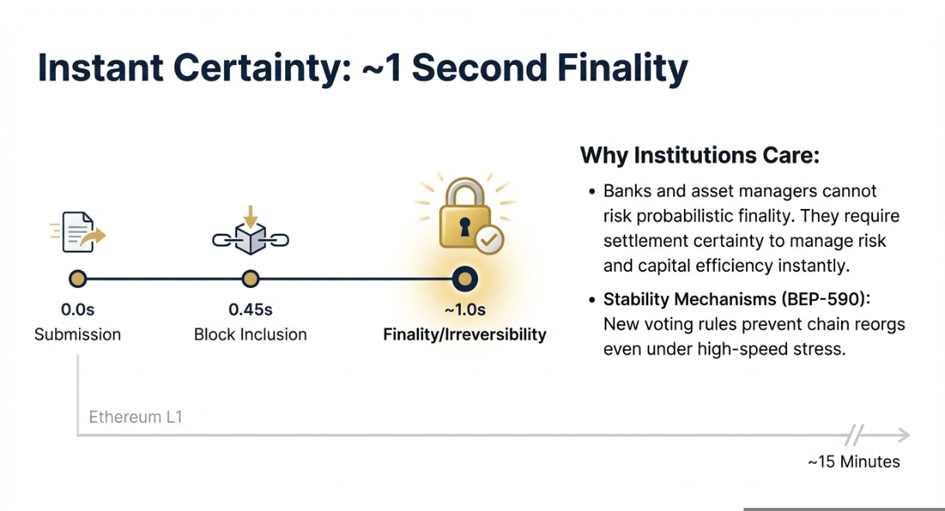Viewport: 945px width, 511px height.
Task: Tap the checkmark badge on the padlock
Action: pyautogui.click(x=490, y=240)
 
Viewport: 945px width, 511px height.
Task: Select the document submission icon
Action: pyautogui.click(x=78, y=232)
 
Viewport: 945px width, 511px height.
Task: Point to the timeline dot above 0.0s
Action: pyautogui.click(x=77, y=279)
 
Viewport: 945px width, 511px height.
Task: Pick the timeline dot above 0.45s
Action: pyautogui.click(x=251, y=279)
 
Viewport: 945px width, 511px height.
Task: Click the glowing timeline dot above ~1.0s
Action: pyautogui.click(x=465, y=279)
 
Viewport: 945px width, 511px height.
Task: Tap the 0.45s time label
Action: pyautogui.click(x=251, y=310)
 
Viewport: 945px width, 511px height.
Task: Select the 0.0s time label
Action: pyautogui.click(x=77, y=310)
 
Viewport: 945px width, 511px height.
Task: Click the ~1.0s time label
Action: pyautogui.click(x=465, y=310)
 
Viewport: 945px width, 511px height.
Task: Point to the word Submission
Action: pyautogui.click(x=77, y=334)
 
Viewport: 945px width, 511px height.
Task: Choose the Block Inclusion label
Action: pyautogui.click(x=251, y=334)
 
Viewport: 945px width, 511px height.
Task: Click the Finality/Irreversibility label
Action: pyautogui.click(x=465, y=334)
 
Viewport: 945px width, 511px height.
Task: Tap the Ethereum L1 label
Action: pyautogui.click(x=136, y=417)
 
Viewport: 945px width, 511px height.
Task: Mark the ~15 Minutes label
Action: pyautogui.click(x=854, y=462)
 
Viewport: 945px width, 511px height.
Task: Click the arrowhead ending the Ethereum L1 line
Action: pyautogui.click(x=904, y=435)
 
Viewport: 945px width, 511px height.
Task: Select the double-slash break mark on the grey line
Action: pyautogui.click(x=854, y=435)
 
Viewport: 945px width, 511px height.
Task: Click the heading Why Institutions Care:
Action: pyautogui.click(x=700, y=155)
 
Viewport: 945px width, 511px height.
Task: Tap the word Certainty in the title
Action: pyautogui.click(x=263, y=68)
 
